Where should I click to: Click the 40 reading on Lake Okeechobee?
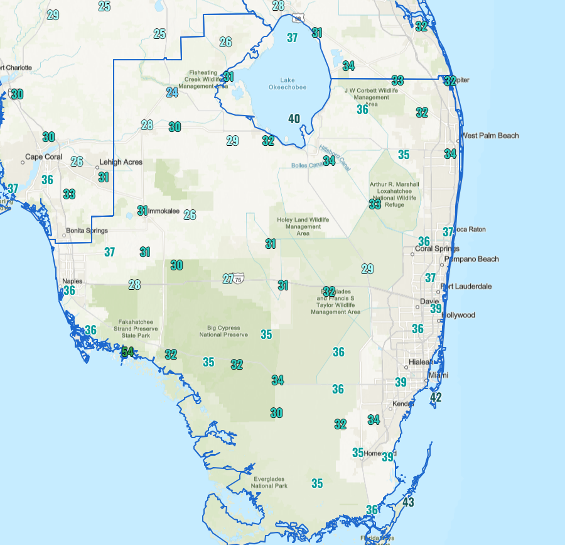click(294, 118)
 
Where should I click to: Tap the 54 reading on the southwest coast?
click(127, 351)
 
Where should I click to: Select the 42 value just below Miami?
click(436, 397)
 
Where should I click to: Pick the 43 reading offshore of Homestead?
click(409, 502)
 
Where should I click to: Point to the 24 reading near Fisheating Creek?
click(172, 92)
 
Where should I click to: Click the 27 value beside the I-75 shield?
click(228, 278)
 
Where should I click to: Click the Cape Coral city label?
click(44, 157)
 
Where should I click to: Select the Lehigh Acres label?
click(121, 162)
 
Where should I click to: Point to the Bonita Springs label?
click(87, 231)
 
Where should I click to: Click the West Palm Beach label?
click(490, 136)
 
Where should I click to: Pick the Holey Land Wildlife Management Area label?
click(303, 226)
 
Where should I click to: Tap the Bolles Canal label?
click(306, 165)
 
